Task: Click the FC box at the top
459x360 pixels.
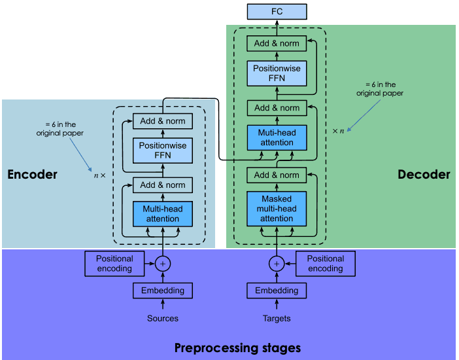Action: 277,12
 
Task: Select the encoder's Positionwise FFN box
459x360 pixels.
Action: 163,151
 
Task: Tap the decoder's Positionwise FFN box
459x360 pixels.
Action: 277,73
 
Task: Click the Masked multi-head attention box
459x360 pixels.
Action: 277,209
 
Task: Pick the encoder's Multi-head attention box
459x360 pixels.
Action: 163,214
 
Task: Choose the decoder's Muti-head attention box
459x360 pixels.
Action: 277,138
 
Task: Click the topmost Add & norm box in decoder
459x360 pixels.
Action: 277,43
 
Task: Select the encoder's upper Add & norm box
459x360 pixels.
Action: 163,121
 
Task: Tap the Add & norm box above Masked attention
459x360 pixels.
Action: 277,175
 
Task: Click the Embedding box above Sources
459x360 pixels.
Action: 163,291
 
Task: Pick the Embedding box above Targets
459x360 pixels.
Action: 277,291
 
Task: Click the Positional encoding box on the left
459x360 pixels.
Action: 114,264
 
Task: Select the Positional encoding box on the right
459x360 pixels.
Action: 326,264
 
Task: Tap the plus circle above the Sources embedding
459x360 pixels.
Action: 163,264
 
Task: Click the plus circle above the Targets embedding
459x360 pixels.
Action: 277,264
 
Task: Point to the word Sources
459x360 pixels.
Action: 163,318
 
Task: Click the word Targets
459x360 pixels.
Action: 277,318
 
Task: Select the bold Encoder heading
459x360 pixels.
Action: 32,174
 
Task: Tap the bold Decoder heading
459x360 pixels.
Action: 424,174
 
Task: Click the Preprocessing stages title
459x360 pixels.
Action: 238,348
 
